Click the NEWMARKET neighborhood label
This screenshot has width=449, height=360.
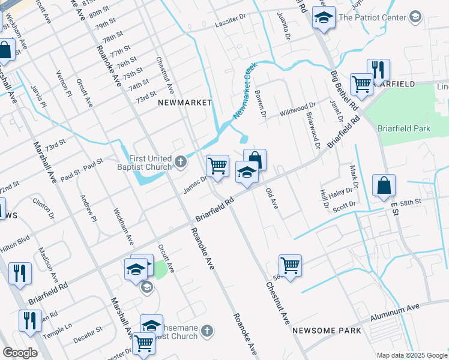(185, 103)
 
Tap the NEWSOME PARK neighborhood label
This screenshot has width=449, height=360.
(327, 331)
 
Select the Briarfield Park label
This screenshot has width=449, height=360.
(404, 128)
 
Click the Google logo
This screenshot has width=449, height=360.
(20, 353)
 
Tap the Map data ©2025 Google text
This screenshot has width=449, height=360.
(412, 355)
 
